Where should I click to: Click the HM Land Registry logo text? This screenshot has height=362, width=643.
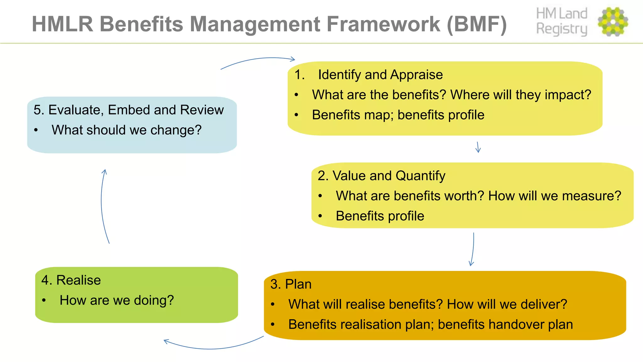pos(561,21)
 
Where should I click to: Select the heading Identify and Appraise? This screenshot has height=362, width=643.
pos(380,75)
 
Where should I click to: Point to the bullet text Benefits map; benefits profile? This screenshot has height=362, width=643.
pos(398,115)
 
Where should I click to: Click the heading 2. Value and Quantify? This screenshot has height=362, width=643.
pos(381,176)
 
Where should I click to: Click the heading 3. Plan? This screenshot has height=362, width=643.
pos(291,284)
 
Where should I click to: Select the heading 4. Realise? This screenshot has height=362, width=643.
pos(71,280)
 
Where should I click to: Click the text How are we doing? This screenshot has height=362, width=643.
pos(116,300)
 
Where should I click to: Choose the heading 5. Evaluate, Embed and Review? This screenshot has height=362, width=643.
pos(128,110)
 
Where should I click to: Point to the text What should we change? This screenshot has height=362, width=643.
pos(126,130)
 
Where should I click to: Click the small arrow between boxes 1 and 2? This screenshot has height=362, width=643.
pos(478,147)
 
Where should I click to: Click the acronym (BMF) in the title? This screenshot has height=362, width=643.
pos(477,24)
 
